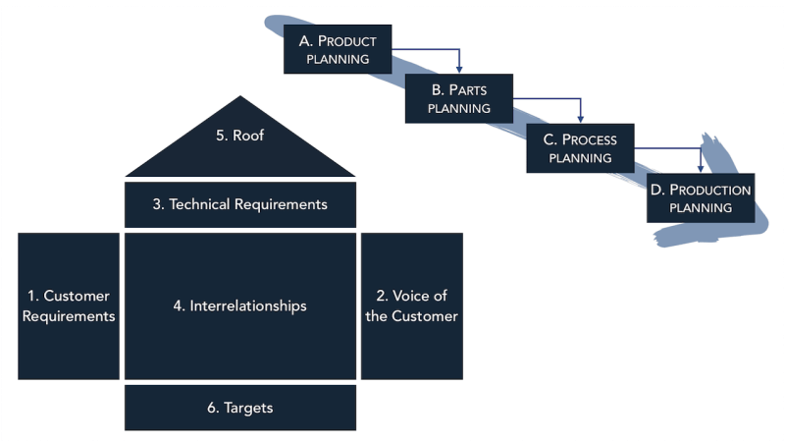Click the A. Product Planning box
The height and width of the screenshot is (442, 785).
(x=338, y=49)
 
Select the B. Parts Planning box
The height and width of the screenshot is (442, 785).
(x=460, y=99)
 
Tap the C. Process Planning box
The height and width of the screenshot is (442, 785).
(x=579, y=148)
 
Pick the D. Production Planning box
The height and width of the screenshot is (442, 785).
(x=701, y=197)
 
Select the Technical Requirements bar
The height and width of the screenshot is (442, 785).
(x=240, y=204)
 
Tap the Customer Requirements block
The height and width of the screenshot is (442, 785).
(x=68, y=305)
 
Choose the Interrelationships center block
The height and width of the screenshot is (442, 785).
(x=240, y=305)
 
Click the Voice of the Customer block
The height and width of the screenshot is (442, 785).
(x=411, y=305)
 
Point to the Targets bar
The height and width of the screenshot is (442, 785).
(x=240, y=408)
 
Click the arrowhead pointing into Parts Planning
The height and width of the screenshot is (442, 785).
(x=460, y=70)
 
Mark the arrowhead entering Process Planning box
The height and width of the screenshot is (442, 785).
(x=580, y=119)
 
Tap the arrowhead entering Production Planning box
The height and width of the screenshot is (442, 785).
(x=700, y=168)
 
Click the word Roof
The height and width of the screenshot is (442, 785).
(x=249, y=136)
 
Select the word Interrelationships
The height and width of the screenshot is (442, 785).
(x=249, y=305)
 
